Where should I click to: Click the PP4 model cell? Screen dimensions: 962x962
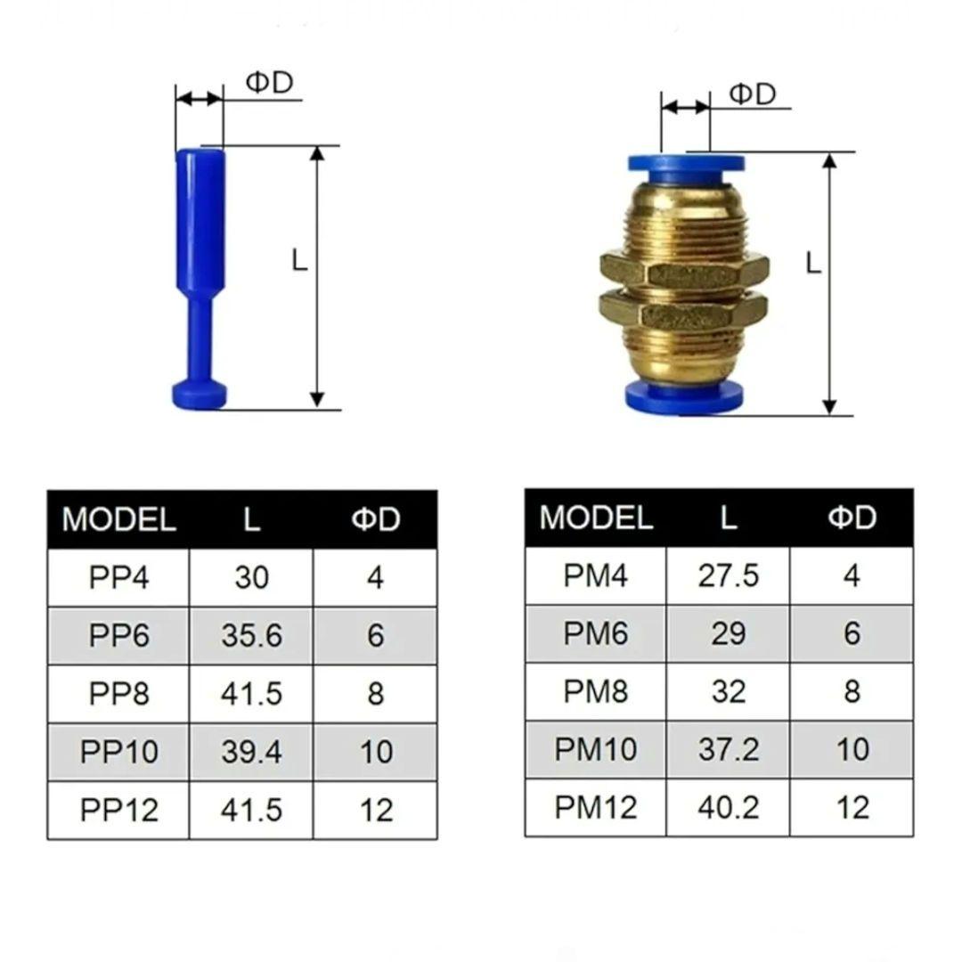point(118,577)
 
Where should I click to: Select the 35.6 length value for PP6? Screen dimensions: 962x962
point(251,636)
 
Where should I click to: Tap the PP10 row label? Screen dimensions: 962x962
point(118,752)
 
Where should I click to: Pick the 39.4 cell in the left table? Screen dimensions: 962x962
point(251,752)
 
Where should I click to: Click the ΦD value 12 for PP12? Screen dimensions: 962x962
point(376,810)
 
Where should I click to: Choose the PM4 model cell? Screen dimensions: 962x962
point(596,575)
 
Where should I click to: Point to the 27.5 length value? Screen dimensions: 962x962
point(729,575)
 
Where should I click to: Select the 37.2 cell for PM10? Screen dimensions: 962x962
point(729,749)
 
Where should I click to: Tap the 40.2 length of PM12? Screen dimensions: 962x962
point(729,807)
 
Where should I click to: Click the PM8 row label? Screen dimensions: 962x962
point(596,691)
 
